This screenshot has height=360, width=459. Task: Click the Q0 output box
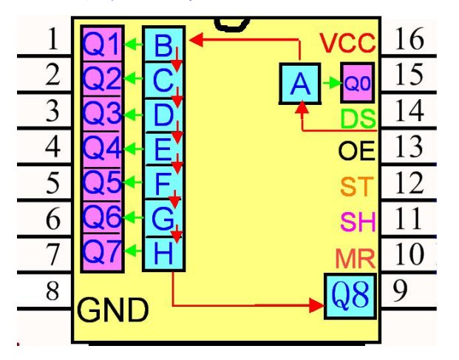(358, 83)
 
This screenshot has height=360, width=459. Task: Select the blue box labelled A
(300, 84)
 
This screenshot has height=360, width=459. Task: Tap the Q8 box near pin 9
(350, 296)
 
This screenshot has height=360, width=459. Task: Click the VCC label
(347, 43)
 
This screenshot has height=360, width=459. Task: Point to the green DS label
(358, 119)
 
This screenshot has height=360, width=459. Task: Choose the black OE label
(356, 151)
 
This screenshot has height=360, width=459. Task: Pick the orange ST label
(357, 186)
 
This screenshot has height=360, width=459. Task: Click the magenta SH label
(358, 222)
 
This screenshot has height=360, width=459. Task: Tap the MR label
(355, 259)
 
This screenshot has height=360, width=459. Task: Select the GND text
(112, 310)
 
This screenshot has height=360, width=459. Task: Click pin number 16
(409, 38)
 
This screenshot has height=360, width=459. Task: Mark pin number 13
(409, 146)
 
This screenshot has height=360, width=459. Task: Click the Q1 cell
(102, 44)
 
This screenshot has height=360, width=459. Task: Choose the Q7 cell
(102, 252)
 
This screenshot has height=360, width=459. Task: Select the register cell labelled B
(163, 44)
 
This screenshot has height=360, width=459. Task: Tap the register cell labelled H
(163, 254)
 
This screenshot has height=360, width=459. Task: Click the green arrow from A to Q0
(332, 83)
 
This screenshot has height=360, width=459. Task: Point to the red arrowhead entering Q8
(316, 305)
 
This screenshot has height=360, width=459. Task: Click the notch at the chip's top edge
(232, 25)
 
